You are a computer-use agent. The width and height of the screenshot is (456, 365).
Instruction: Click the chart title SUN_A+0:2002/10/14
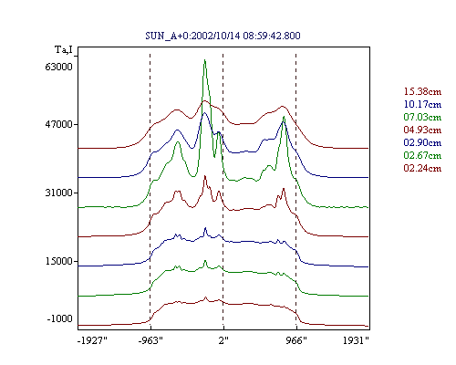[x=192, y=36]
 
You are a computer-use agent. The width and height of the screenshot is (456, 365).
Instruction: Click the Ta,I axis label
[x=64, y=49]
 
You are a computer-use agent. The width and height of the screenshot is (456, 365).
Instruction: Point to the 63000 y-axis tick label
[x=58, y=67]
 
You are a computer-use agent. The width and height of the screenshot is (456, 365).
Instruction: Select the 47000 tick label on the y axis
[x=58, y=124]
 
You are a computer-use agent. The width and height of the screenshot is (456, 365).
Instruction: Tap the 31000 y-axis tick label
[x=58, y=193]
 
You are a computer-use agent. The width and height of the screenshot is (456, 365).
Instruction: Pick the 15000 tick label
[x=58, y=261]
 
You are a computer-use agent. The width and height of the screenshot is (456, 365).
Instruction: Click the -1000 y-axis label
[x=60, y=318]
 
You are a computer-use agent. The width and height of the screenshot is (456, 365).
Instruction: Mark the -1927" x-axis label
[x=92, y=340]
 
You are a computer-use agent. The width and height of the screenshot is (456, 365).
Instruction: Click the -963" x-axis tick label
[x=150, y=340]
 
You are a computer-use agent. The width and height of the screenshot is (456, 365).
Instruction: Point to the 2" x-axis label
[x=223, y=340]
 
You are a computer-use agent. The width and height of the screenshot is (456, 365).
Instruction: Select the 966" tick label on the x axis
[x=296, y=340]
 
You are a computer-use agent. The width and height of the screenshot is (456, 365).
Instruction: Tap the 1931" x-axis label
[x=356, y=340]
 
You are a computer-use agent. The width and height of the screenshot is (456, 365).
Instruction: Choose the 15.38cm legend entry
[x=422, y=91]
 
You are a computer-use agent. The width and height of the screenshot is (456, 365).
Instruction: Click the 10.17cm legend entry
[x=422, y=104]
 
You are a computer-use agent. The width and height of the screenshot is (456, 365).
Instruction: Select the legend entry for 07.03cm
[x=422, y=117]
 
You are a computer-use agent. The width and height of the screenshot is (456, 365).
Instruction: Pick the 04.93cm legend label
[x=422, y=130]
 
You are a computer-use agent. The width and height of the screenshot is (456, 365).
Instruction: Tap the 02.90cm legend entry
[x=422, y=142]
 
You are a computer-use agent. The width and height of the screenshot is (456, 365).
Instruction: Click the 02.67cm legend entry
[x=422, y=155]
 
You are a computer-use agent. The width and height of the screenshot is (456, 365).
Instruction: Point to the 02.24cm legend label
[x=422, y=168]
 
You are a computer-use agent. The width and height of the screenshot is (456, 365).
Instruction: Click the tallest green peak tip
[x=205, y=59]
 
